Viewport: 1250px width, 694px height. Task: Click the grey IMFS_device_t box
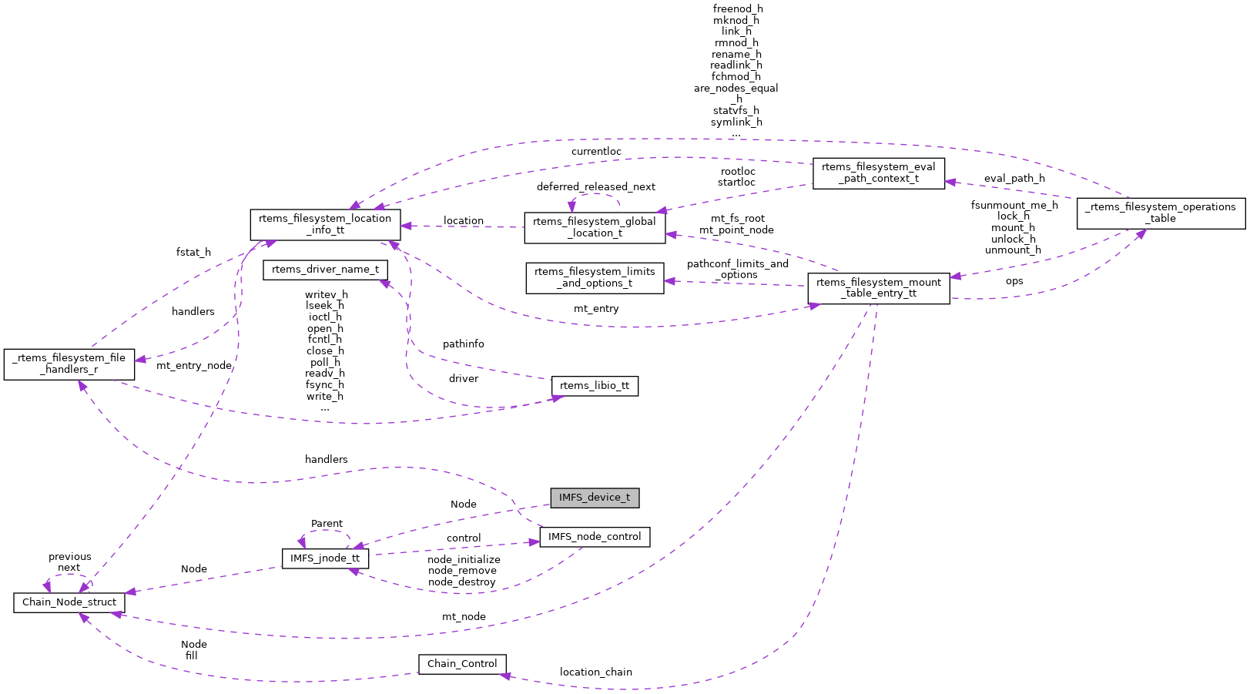pos(595,498)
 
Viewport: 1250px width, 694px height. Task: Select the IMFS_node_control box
pos(595,537)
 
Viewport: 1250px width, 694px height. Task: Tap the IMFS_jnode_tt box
pos(325,558)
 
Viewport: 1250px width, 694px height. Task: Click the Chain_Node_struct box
pos(69,602)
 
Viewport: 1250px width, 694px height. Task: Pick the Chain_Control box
pos(462,664)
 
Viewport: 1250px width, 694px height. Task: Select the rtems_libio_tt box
pos(595,386)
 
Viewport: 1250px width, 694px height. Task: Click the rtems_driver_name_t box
pos(325,270)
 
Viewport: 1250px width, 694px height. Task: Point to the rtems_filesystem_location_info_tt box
pos(325,224)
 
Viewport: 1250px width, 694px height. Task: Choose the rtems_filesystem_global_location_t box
pos(595,227)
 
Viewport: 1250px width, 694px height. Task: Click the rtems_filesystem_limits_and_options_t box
pos(595,277)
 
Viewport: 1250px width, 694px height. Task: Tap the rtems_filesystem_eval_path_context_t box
pos(878,173)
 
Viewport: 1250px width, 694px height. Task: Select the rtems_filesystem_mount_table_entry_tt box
pos(878,288)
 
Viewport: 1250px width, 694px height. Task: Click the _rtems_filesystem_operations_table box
pos(1161,213)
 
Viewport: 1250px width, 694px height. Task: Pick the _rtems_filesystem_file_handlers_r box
pos(69,364)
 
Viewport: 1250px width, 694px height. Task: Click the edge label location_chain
pos(595,672)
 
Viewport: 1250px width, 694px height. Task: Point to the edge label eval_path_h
pos(1014,179)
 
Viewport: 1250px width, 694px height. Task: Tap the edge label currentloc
pos(596,152)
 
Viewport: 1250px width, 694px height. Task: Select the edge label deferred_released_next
pos(596,187)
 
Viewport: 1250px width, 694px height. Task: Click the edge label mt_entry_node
pos(193,366)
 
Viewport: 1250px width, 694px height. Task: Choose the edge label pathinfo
pos(464,344)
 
